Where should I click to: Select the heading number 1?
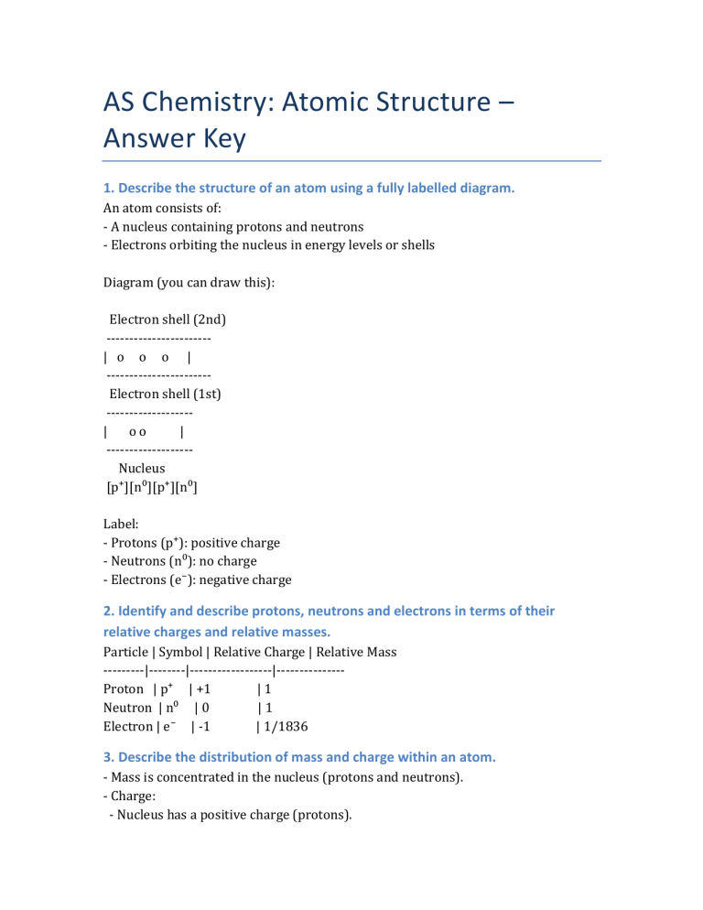pos(108,189)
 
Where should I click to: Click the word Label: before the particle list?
pos(122,525)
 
